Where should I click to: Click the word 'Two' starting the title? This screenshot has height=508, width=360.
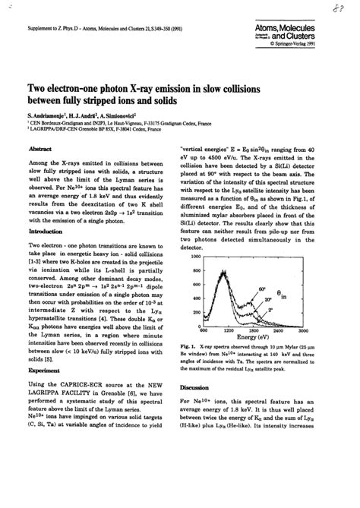pyautogui.click(x=40, y=88)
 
